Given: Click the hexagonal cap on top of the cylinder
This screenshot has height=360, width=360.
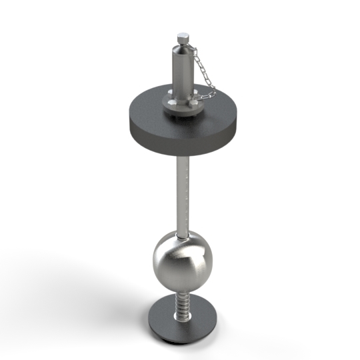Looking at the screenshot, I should point(182,37).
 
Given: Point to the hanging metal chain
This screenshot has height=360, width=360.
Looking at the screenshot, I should point(201,73).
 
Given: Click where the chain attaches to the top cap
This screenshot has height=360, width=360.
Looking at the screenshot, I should point(191,45).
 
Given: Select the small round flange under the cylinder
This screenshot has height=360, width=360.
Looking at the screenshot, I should point(181,108).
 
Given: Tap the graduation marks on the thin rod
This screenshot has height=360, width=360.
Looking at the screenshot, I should point(188,193).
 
